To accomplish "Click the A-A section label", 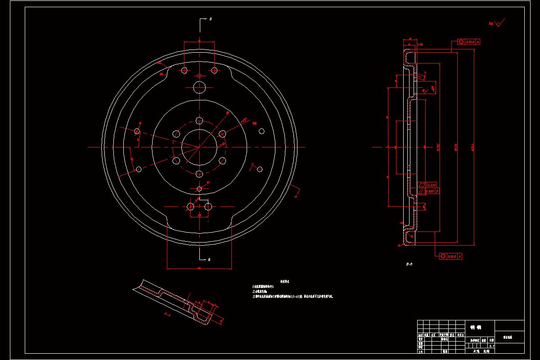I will point(167,315).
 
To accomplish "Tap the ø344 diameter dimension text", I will point(472,147).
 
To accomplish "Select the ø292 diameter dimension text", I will point(438,147).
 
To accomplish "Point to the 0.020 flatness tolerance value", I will point(432,185).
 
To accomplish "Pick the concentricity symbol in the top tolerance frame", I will point(461,42).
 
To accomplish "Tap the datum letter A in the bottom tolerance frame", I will point(459,256).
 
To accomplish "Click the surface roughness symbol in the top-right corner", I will point(498,23).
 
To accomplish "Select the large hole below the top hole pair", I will point(199,87).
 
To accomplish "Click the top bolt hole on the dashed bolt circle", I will point(199,121).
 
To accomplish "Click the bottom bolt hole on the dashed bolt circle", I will point(199,174).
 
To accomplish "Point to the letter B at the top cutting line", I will point(210,19).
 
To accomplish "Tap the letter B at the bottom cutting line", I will point(209,260).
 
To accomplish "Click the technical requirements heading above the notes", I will point(285,281).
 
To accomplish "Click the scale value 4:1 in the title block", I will point(491,346).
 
